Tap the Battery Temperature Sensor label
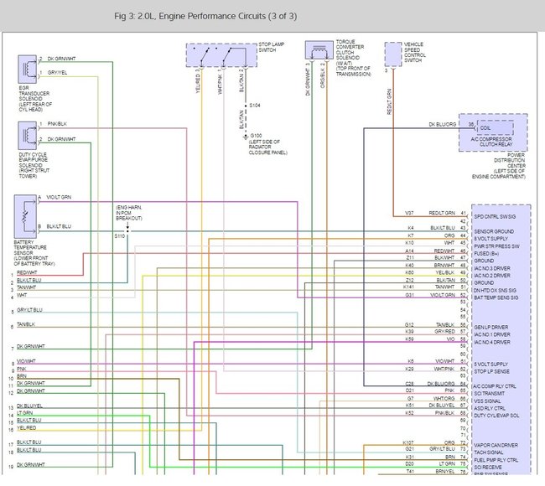point(34,252)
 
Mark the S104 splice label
point(255,106)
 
